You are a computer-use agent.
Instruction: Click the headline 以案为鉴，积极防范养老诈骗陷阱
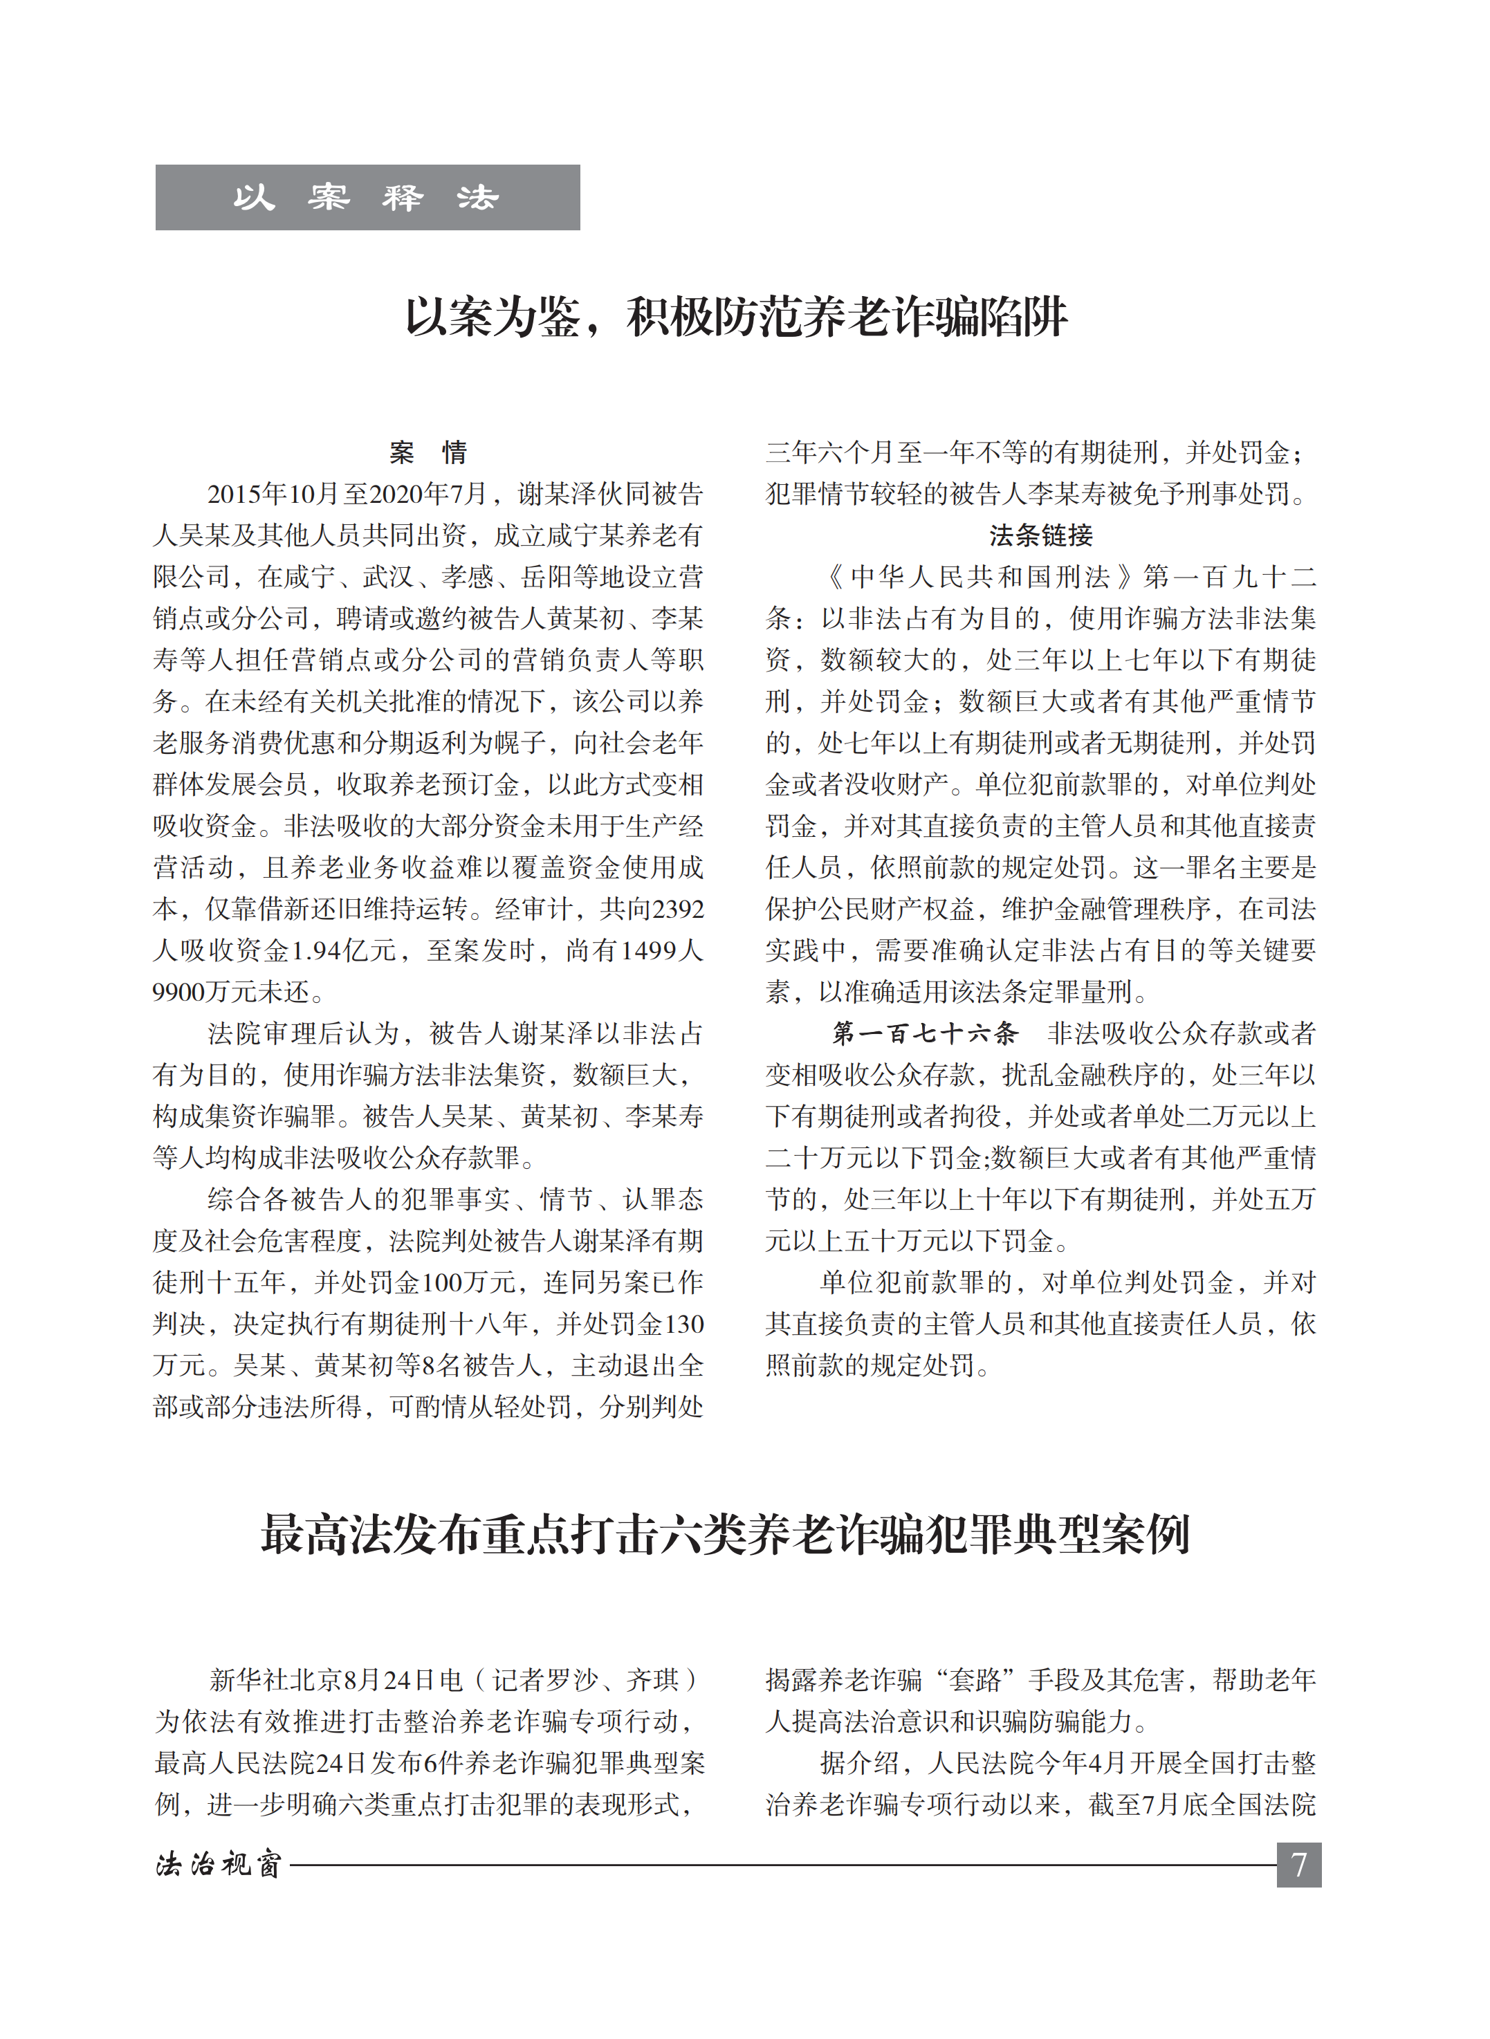[x=736, y=317]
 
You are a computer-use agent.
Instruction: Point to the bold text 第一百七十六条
[x=924, y=1033]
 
